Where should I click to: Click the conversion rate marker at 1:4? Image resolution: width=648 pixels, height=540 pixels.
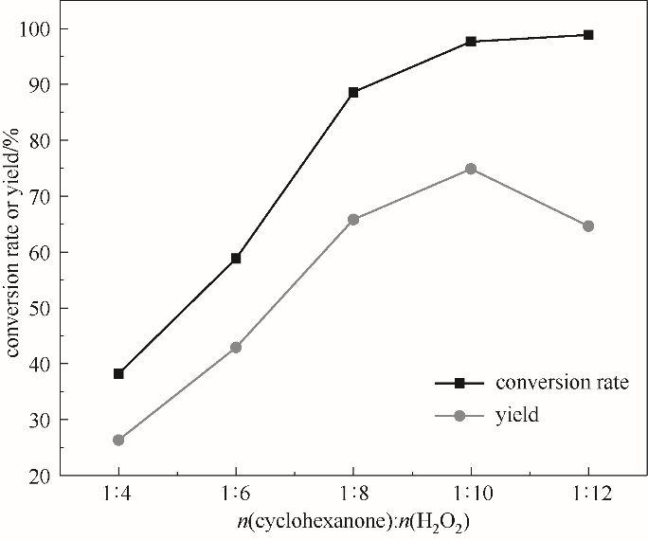click(118, 373)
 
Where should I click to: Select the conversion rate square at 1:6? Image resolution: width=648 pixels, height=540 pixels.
click(236, 258)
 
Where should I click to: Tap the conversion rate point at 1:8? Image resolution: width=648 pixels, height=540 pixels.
click(353, 92)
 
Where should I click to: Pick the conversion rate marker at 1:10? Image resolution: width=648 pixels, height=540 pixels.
click(471, 42)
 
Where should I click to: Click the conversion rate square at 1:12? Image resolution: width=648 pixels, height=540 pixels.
click(588, 35)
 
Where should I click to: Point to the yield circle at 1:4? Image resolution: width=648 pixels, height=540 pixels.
click(118, 440)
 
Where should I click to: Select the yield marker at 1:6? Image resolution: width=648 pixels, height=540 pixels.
click(236, 347)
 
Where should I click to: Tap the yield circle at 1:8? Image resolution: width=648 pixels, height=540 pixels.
click(353, 219)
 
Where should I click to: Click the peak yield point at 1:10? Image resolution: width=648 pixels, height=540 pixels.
click(471, 169)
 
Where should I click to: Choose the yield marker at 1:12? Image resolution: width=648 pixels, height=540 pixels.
click(588, 225)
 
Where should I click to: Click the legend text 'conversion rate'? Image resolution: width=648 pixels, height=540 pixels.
click(562, 383)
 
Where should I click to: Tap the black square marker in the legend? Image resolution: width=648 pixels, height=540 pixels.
click(459, 383)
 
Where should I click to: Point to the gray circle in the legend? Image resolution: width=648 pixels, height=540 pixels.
click(459, 415)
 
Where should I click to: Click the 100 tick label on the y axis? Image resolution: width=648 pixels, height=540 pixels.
click(35, 28)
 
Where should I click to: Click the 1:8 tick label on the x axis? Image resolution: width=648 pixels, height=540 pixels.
click(353, 495)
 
